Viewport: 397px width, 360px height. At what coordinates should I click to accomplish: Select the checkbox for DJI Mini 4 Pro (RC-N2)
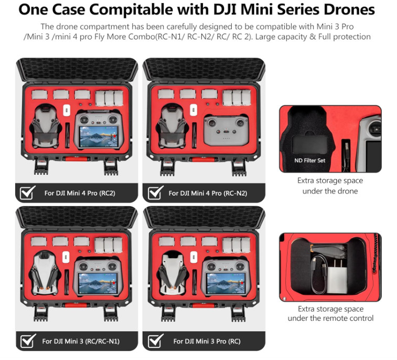click(155, 193)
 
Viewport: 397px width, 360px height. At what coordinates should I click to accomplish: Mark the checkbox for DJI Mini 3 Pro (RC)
click(155, 341)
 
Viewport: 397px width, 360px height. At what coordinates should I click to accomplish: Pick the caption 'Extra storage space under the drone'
click(330, 186)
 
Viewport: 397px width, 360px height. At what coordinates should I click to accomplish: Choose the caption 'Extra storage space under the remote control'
click(330, 313)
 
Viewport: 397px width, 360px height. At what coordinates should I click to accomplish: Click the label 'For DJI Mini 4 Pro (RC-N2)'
click(208, 193)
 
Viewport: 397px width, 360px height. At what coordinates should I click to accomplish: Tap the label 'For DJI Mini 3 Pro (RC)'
click(200, 341)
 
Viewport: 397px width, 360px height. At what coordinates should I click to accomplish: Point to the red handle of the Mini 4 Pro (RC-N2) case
click(202, 158)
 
